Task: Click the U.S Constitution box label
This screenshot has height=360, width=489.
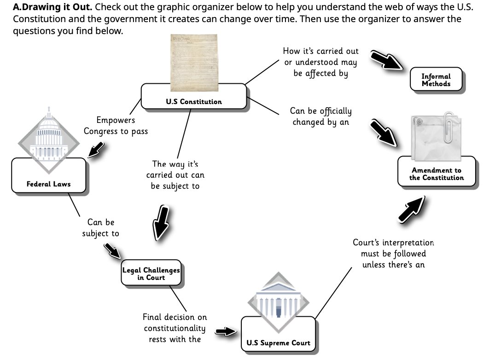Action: click(194, 102)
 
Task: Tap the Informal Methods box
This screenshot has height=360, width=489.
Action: click(436, 80)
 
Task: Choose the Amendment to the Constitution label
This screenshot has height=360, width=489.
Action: click(437, 174)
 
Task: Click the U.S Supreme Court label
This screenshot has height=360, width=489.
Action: click(278, 343)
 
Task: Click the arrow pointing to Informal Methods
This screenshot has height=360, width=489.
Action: click(386, 60)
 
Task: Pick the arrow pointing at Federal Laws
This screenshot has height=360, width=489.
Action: click(98, 150)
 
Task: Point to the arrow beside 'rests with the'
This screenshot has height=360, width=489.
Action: click(225, 332)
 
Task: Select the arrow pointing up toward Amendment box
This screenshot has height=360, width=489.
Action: click(413, 209)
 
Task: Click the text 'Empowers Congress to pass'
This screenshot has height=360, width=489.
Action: click(116, 126)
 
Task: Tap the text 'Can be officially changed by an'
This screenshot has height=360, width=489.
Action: click(320, 116)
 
